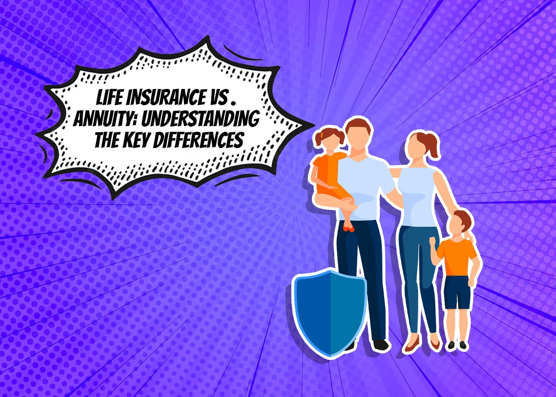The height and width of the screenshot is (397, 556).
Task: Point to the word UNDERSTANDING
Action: point(201,119)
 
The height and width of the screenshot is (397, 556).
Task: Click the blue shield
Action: point(329,313)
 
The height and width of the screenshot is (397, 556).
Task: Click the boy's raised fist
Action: point(433,241)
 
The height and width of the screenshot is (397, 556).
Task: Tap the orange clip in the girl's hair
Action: point(322,135)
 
